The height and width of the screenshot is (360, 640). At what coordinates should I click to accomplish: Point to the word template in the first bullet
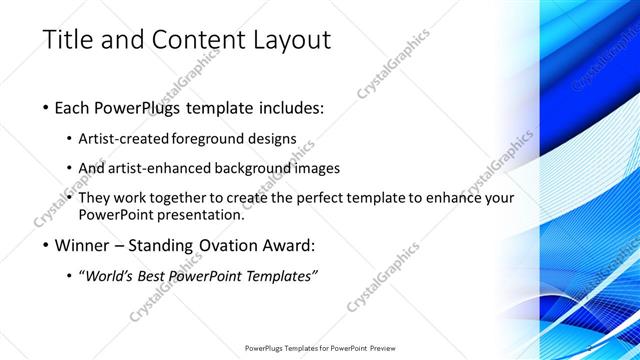click(235, 107)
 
